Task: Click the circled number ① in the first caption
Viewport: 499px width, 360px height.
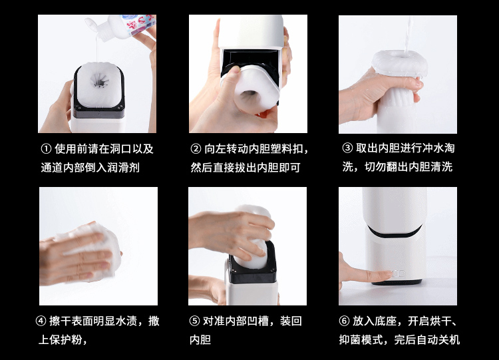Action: (46, 148)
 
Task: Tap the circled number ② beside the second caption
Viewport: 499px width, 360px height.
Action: (196, 148)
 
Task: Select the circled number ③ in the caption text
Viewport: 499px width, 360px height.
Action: (347, 148)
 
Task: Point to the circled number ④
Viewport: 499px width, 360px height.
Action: (41, 321)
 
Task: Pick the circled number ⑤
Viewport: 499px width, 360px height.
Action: (194, 321)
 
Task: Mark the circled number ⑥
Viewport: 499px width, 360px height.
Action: (344, 321)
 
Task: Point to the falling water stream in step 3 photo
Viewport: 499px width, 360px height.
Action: (408, 35)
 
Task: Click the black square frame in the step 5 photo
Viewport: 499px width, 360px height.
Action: (251, 276)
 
